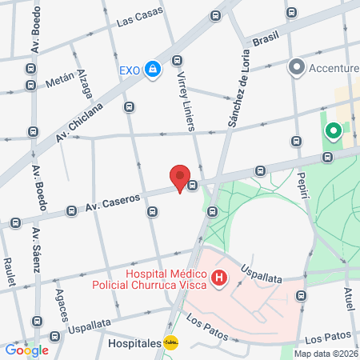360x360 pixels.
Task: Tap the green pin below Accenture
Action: click(x=332, y=131)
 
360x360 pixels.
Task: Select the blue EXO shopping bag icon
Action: click(x=153, y=70)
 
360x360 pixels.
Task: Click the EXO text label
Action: click(x=130, y=70)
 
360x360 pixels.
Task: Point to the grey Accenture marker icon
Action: click(x=298, y=66)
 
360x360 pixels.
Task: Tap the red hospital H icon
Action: click(x=219, y=279)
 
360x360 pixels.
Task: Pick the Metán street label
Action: click(x=60, y=79)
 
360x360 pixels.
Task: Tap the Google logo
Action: click(x=26, y=350)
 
